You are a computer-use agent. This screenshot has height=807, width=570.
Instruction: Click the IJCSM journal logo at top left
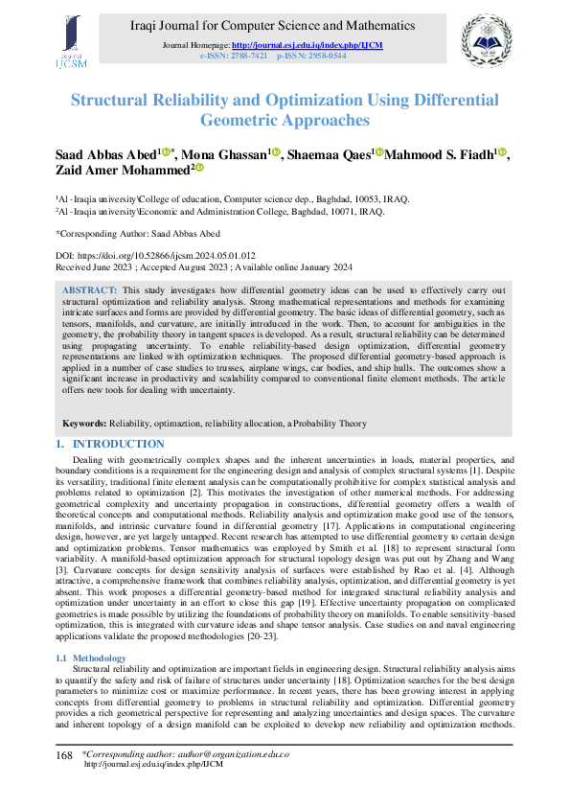click(x=72, y=41)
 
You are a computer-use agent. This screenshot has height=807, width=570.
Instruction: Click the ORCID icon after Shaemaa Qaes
click(x=378, y=152)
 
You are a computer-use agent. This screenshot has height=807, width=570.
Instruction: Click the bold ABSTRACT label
click(x=90, y=288)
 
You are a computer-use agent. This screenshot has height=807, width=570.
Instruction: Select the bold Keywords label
click(x=84, y=423)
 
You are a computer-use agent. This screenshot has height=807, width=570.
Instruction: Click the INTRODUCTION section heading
click(x=118, y=445)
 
